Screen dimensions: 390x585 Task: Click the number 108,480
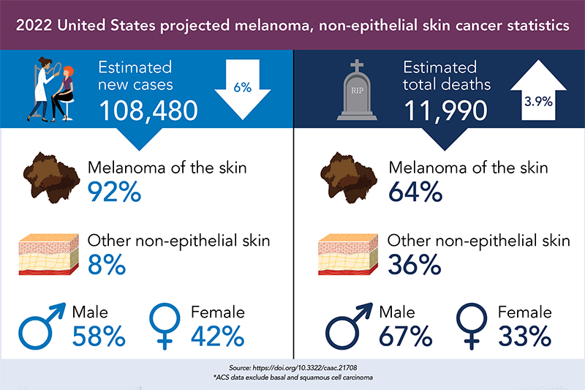(148, 110)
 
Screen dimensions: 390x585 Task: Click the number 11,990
(446, 110)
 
